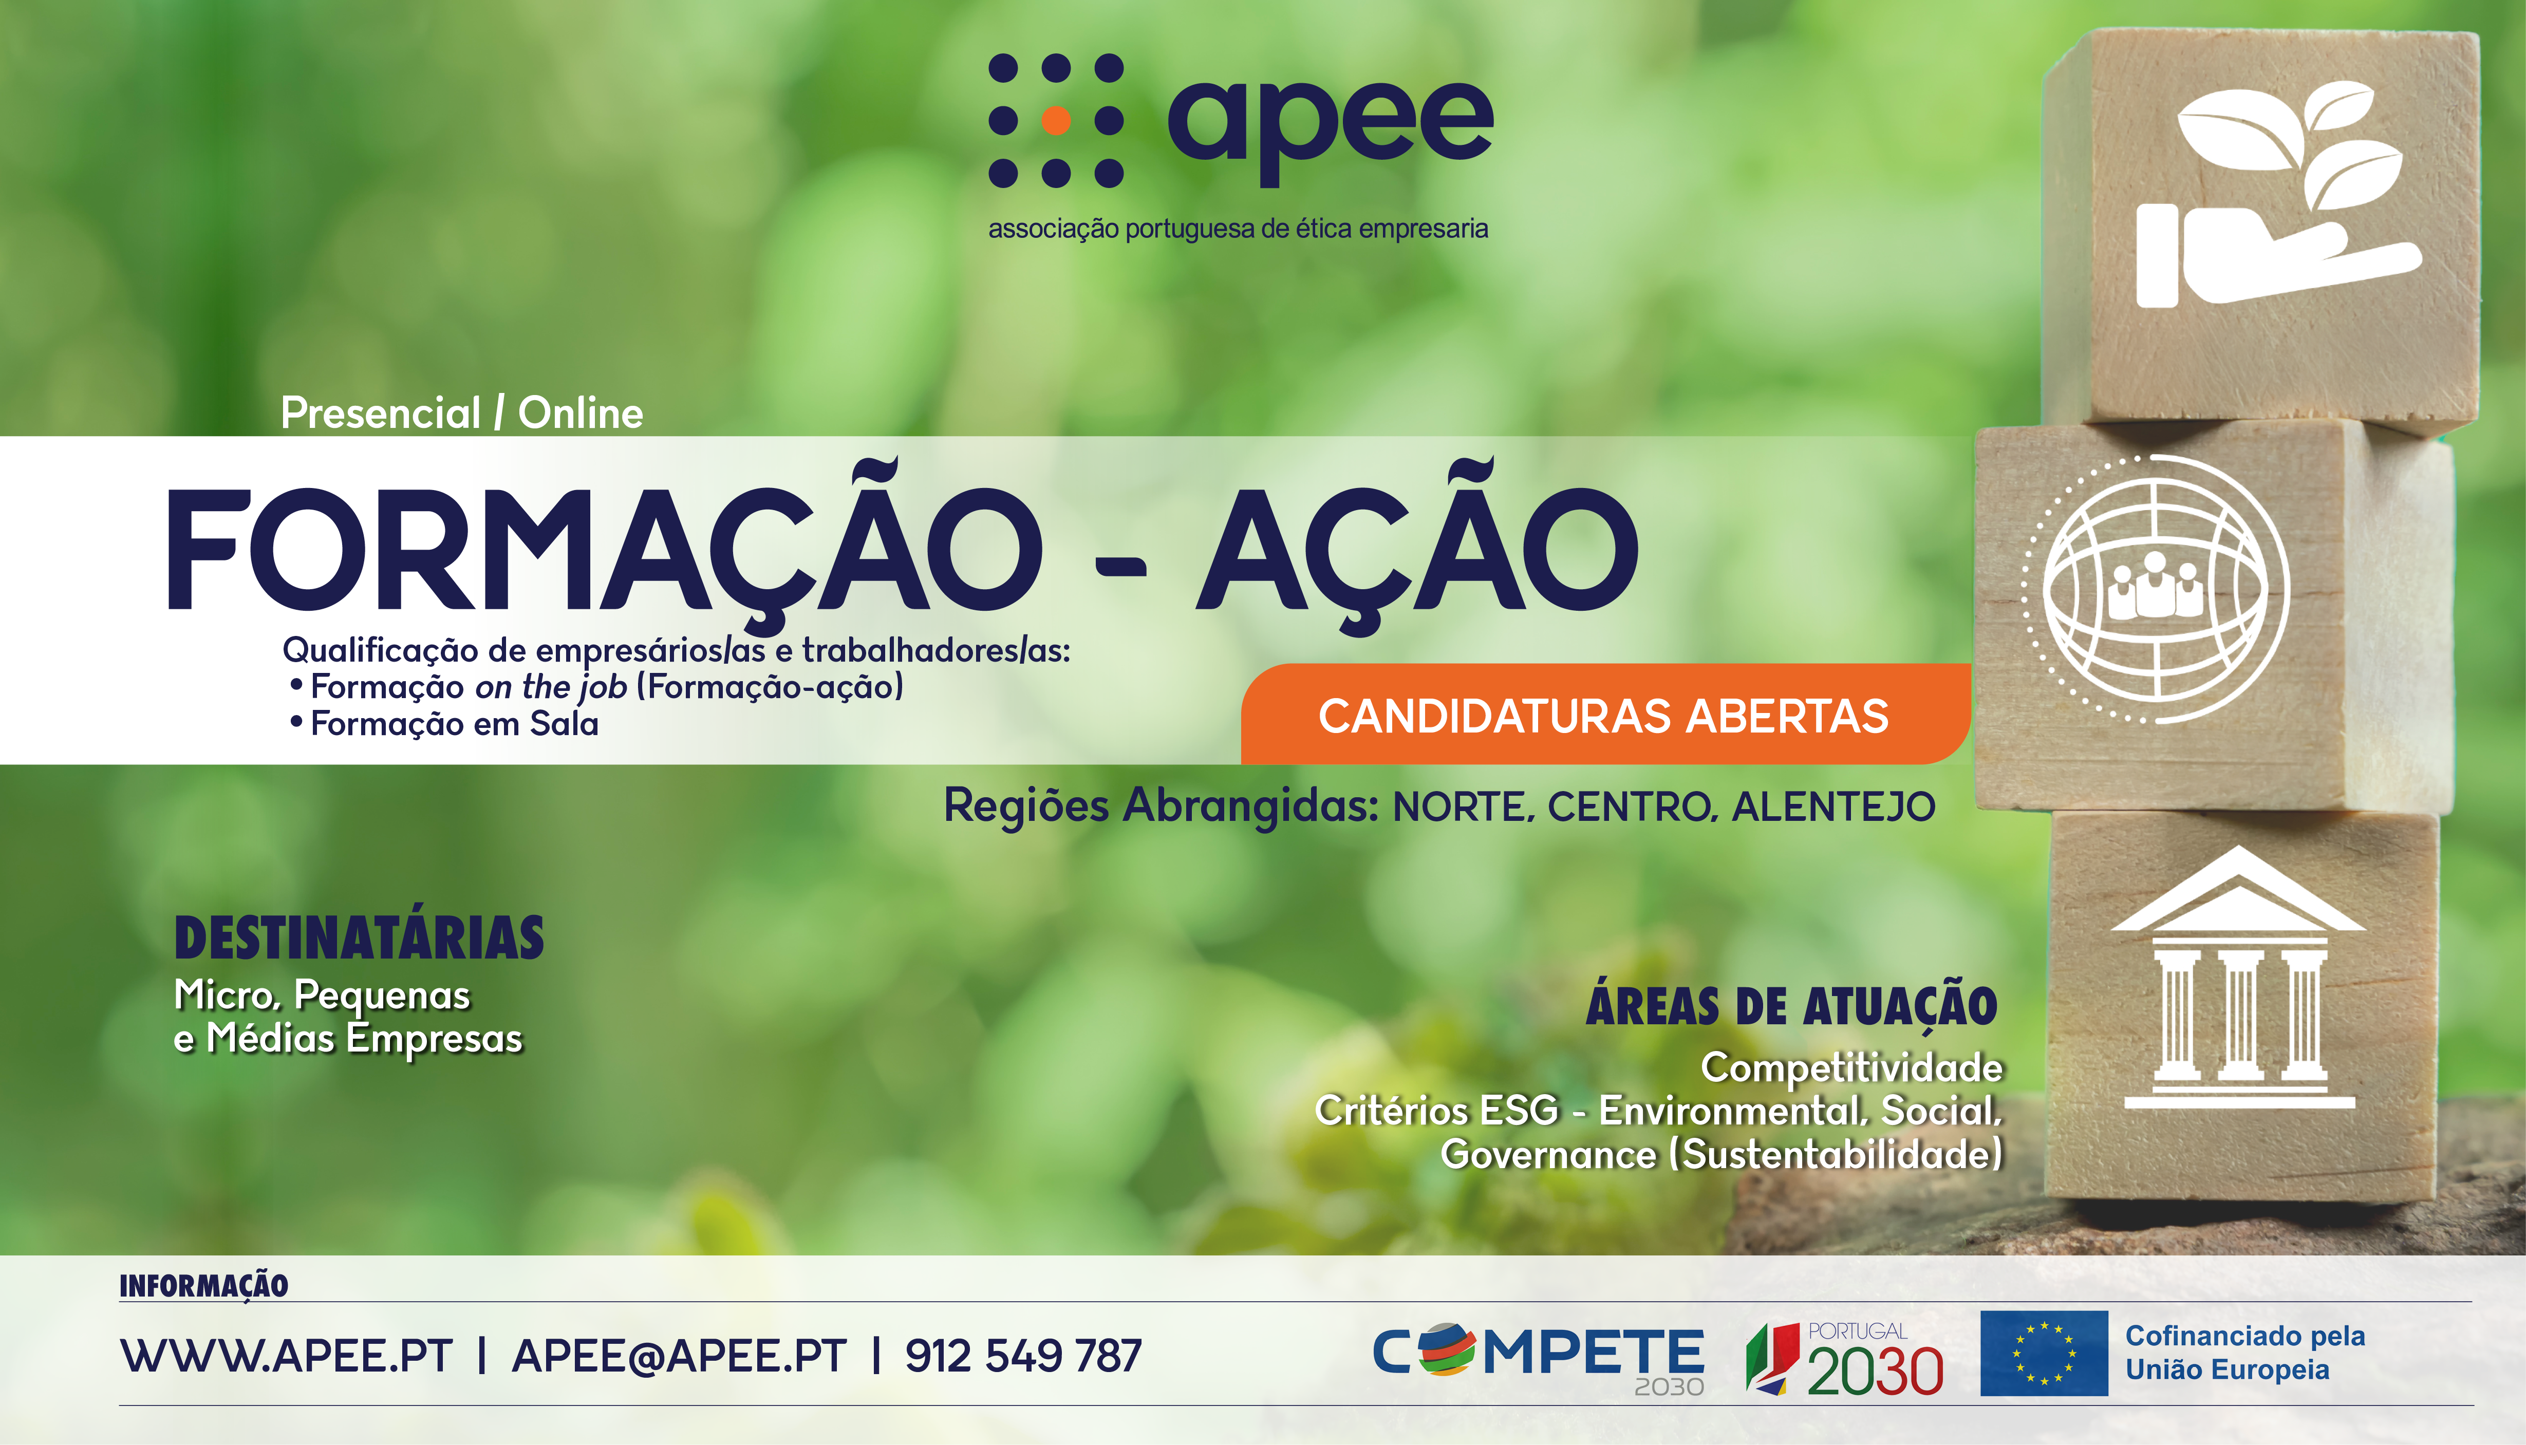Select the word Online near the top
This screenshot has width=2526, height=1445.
click(x=581, y=413)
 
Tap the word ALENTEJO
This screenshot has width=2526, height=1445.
click(x=1833, y=807)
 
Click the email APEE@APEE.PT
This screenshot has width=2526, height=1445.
click(x=679, y=1356)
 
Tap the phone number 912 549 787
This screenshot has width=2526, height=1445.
click(x=1023, y=1356)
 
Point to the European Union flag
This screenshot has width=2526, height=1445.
click(x=2044, y=1353)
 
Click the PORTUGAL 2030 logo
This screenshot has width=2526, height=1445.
click(x=1844, y=1358)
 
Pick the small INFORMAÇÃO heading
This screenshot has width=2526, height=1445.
click(x=203, y=1286)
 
